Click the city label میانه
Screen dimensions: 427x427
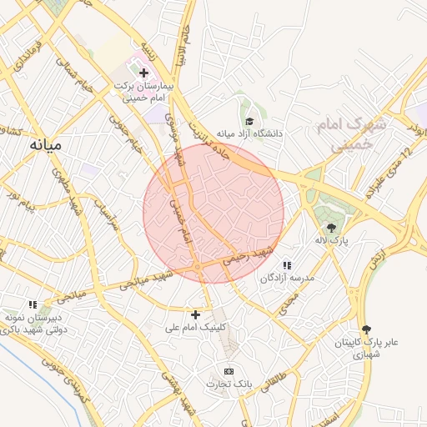[x=46, y=145]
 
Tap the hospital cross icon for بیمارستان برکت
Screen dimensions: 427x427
[x=143, y=73]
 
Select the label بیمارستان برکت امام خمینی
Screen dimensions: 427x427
[x=143, y=92]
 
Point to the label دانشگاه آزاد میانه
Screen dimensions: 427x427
[x=250, y=133]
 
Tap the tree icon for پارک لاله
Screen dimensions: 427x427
[x=332, y=227]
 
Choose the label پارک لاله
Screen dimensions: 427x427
[x=331, y=240]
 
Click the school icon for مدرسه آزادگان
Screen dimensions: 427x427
[x=288, y=264]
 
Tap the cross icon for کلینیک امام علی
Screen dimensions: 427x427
[x=195, y=314]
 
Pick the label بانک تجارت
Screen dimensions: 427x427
[x=229, y=384]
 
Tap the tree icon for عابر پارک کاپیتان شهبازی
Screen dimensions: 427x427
[x=367, y=329]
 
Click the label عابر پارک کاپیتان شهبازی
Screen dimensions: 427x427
[x=368, y=348]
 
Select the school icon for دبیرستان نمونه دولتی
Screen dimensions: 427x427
[x=33, y=305]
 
